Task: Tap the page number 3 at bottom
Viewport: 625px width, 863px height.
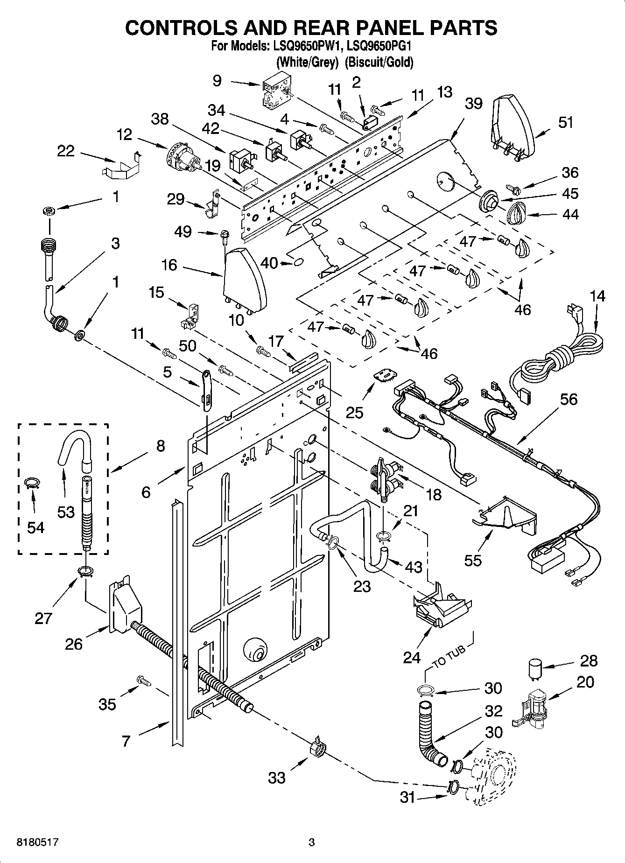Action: [x=312, y=842]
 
